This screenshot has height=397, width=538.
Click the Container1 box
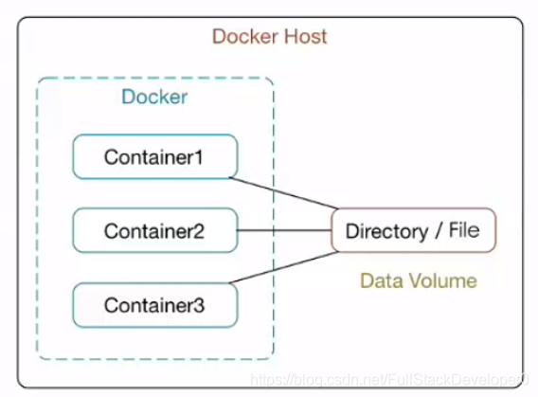click(x=155, y=156)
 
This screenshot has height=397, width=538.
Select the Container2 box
click(x=155, y=230)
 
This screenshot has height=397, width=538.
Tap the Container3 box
click(x=155, y=305)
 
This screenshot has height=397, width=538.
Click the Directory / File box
click(x=414, y=230)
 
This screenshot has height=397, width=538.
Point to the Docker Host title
click(x=270, y=36)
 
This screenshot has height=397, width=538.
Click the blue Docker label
click(x=154, y=97)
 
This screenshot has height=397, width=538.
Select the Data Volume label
click(x=419, y=280)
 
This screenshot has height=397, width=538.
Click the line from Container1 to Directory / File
click(x=284, y=193)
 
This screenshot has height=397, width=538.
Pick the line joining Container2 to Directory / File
click(x=284, y=230)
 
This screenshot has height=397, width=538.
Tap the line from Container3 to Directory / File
click(x=284, y=267)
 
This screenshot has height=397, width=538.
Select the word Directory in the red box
click(x=386, y=231)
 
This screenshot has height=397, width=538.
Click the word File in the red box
click(x=464, y=230)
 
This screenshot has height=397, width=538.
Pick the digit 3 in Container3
click(x=198, y=305)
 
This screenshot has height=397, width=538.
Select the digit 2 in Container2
click(x=198, y=231)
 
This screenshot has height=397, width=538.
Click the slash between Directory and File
click(x=439, y=230)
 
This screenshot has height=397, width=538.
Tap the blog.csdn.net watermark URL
click(x=390, y=380)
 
